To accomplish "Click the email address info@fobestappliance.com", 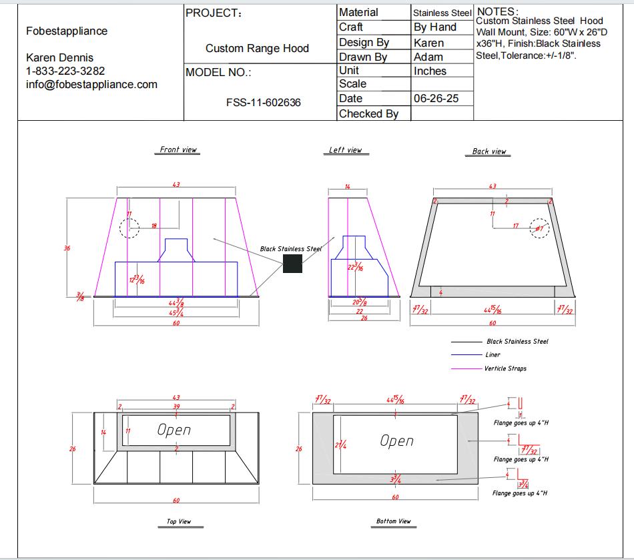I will click(91, 84).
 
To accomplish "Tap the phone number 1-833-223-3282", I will click(65, 71).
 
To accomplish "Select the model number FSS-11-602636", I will click(263, 103).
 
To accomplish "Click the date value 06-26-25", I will click(435, 99).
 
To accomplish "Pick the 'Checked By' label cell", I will click(368, 113).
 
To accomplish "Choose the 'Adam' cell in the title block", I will click(428, 57).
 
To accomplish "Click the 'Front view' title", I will click(178, 150).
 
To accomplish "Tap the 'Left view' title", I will click(346, 150).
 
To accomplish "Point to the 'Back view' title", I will click(489, 152).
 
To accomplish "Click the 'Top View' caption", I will click(178, 521).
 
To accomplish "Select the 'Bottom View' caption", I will click(394, 521).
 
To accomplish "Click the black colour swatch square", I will click(292, 263).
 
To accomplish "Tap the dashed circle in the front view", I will click(129, 228).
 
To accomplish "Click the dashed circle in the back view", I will click(539, 228).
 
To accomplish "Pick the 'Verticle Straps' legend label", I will click(505, 368).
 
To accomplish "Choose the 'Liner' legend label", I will click(493, 355).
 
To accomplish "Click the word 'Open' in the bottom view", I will click(396, 441).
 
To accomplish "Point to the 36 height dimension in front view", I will click(67, 248).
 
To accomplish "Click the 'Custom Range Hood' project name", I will click(257, 48).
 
